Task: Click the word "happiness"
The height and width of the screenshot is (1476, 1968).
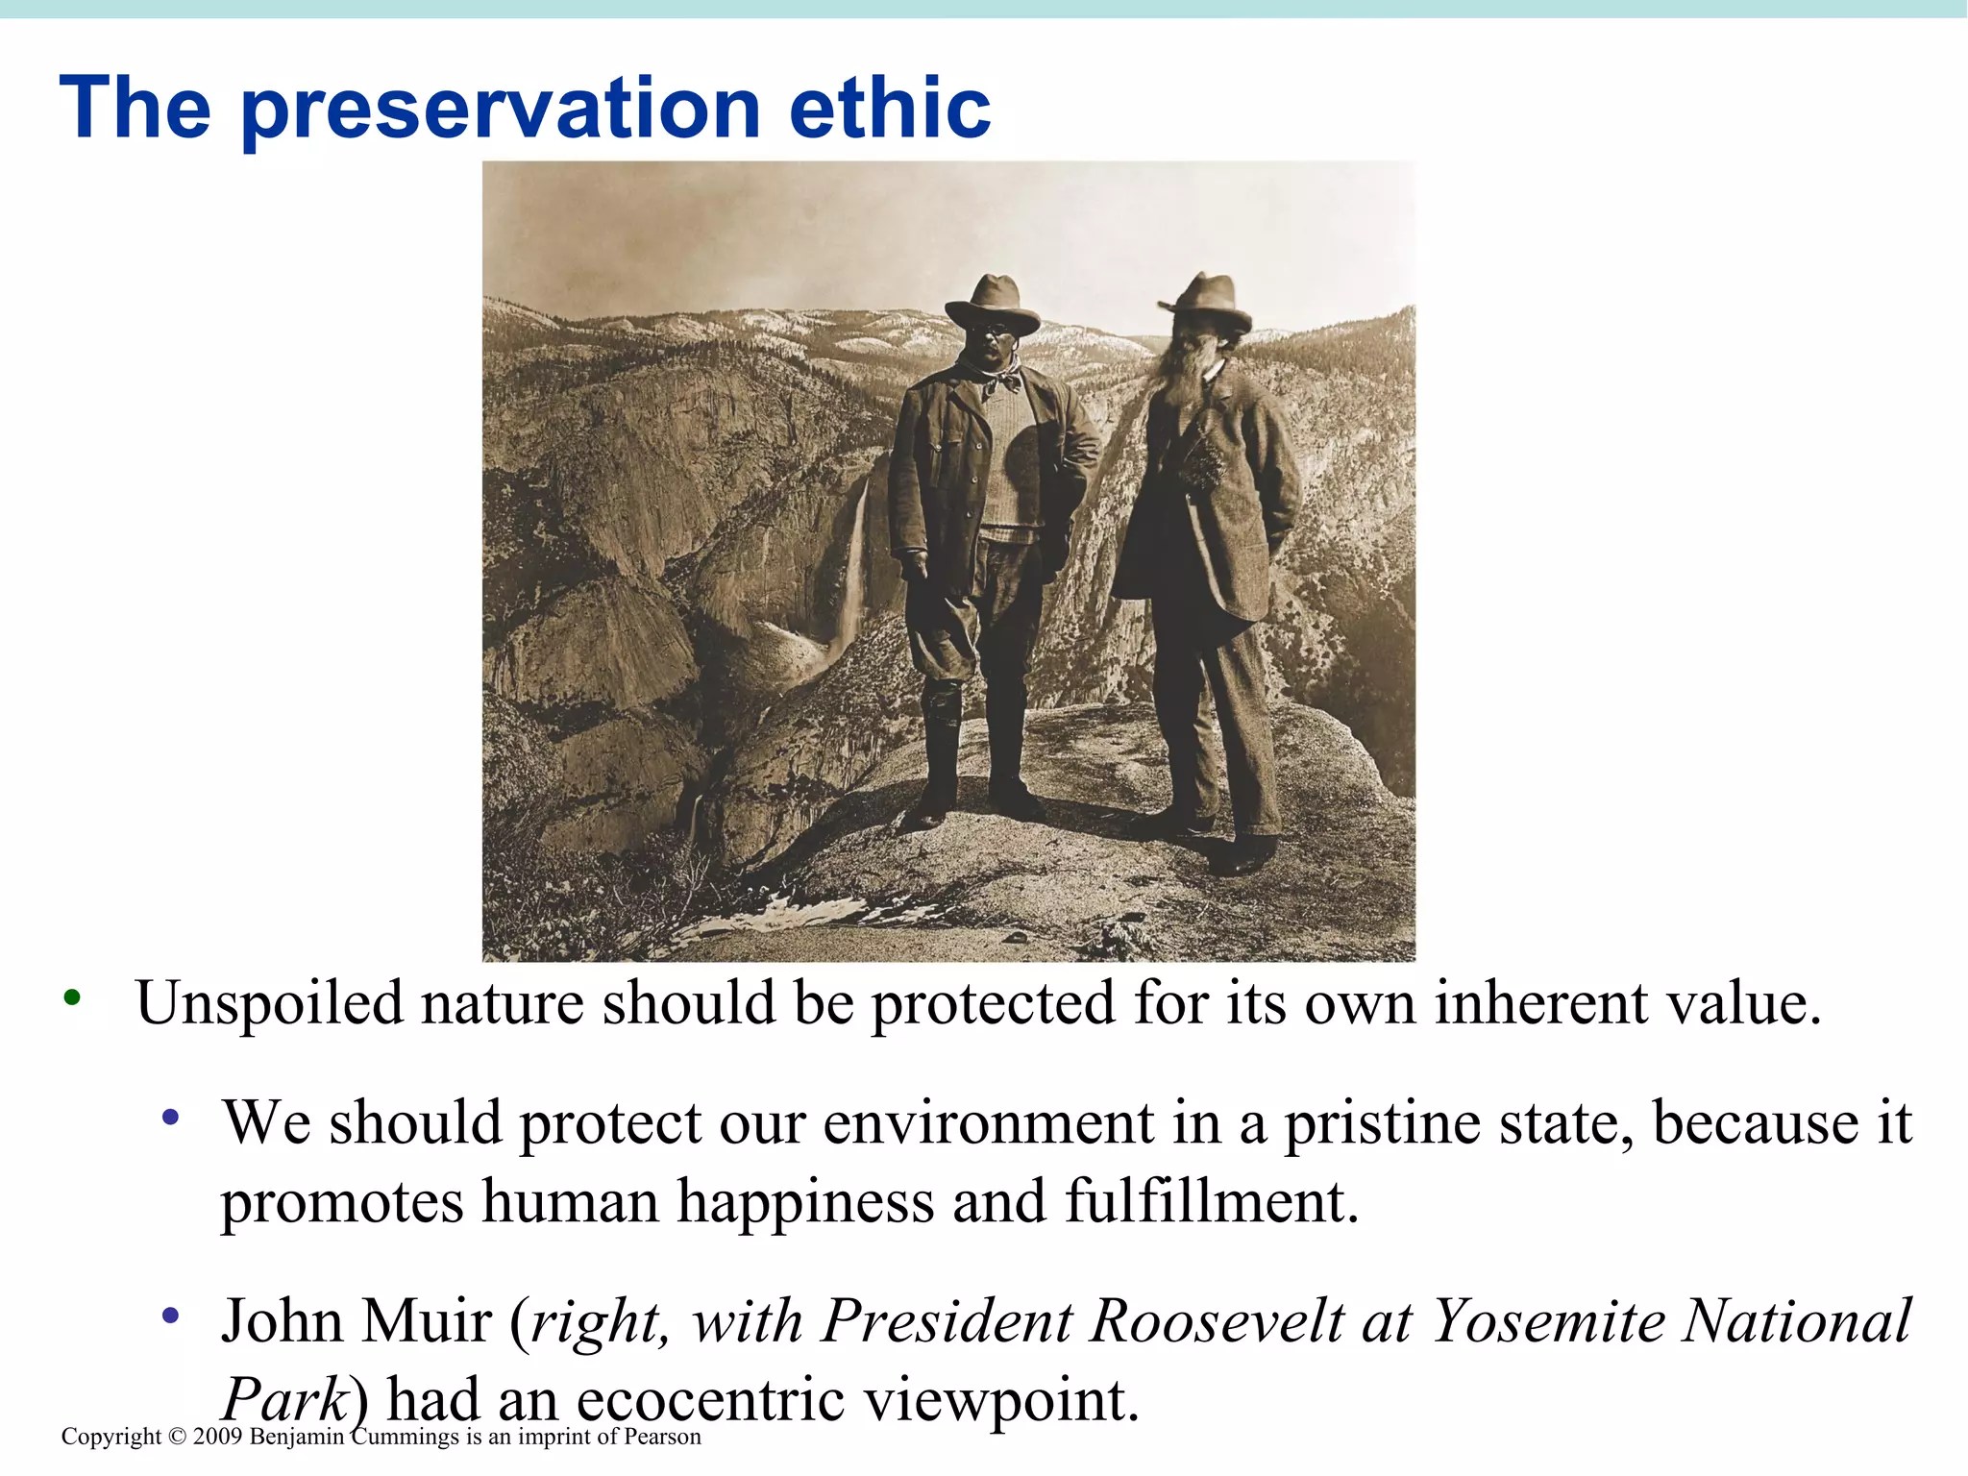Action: click(805, 1202)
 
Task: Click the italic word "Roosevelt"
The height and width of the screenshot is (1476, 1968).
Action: click(1217, 1321)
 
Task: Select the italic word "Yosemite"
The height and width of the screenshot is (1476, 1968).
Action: click(1548, 1321)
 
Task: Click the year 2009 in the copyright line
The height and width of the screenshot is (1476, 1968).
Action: click(218, 1437)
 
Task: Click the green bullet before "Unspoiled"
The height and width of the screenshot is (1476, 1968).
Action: click(71, 998)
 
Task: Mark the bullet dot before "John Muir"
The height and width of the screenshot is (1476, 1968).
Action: click(171, 1315)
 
